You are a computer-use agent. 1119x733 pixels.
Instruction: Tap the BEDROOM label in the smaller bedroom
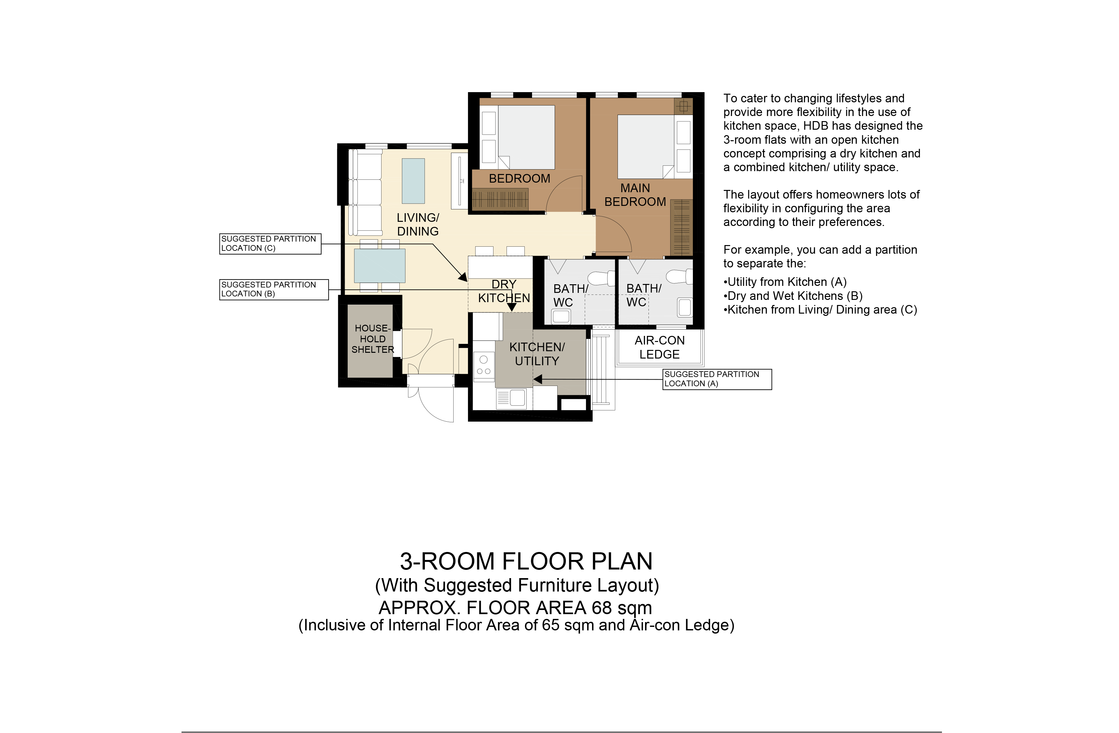(520, 178)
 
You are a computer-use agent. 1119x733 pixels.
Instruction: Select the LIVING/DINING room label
(418, 225)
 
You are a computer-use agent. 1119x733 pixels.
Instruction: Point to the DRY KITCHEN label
(504, 291)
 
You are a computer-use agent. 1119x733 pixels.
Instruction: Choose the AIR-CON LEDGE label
(660, 348)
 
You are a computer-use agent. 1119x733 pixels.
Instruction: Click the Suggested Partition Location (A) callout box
(717, 379)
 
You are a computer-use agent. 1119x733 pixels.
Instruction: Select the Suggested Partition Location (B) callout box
(274, 289)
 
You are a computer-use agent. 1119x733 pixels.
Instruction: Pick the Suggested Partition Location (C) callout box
(270, 244)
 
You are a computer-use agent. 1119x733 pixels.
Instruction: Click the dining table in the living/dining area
(379, 266)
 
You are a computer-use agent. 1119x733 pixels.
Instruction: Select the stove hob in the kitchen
(484, 366)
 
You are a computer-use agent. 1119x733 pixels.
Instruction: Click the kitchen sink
(511, 398)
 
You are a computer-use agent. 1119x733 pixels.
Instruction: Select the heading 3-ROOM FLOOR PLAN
(526, 561)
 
